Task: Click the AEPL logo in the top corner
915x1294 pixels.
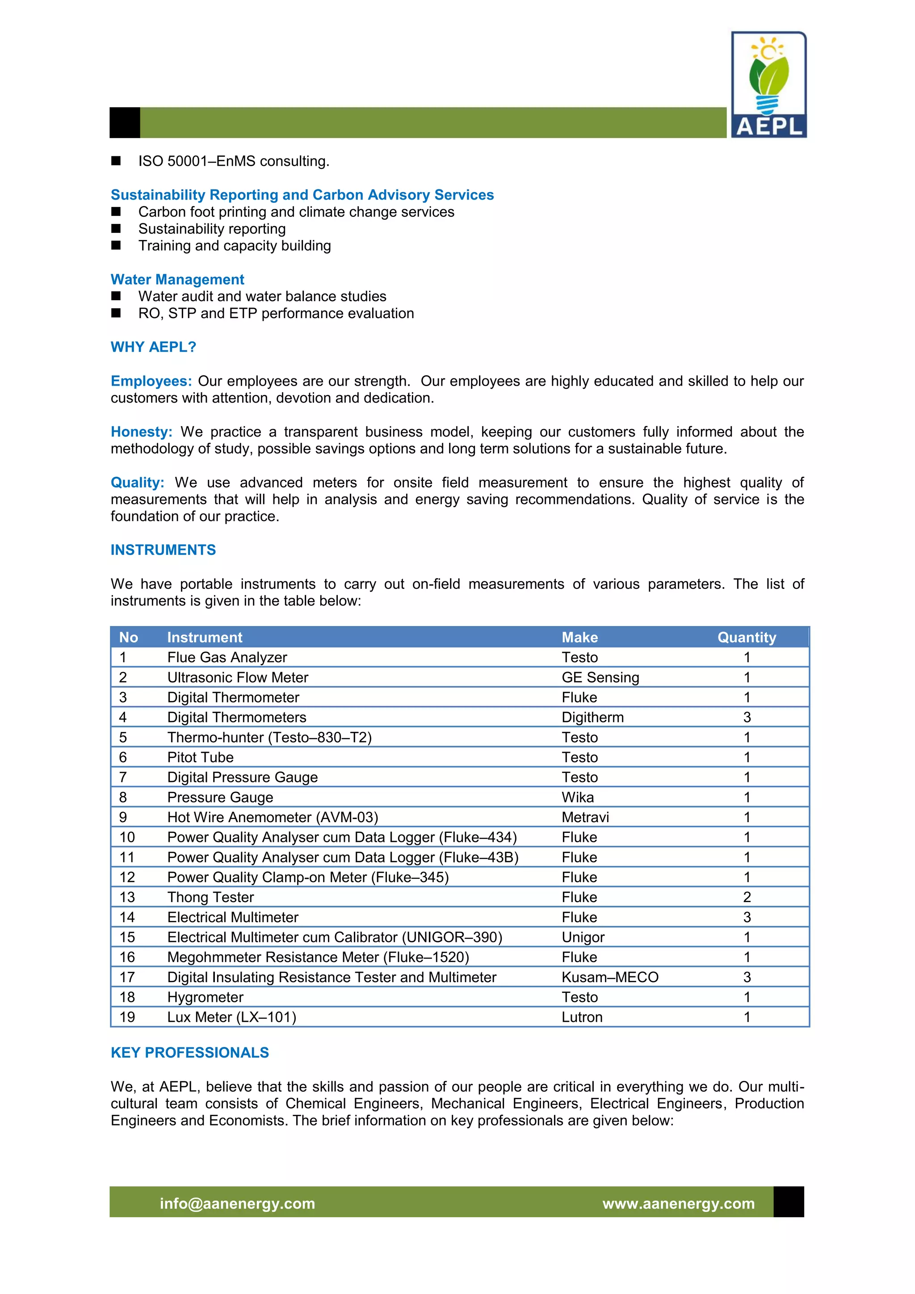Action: click(x=768, y=84)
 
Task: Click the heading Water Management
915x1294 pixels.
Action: click(x=177, y=280)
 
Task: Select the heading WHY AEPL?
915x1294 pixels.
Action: click(x=153, y=347)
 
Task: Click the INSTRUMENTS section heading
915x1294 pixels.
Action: click(x=163, y=550)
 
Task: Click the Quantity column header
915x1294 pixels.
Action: click(x=747, y=638)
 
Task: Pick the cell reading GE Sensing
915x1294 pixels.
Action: click(x=600, y=677)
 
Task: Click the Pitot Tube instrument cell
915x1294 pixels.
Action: click(x=200, y=757)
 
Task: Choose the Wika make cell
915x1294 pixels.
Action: click(x=578, y=798)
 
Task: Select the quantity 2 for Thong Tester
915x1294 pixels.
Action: click(x=747, y=897)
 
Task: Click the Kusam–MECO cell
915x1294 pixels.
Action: click(x=609, y=977)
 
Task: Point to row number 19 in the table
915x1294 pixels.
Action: click(x=127, y=1017)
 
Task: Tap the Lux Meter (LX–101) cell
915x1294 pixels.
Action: click(x=231, y=1017)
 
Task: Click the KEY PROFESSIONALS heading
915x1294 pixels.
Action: click(x=190, y=1053)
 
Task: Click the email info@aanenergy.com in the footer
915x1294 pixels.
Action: click(x=237, y=1204)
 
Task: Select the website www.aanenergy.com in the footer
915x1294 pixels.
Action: click(x=678, y=1204)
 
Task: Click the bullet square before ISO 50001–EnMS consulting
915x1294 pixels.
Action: click(x=116, y=161)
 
